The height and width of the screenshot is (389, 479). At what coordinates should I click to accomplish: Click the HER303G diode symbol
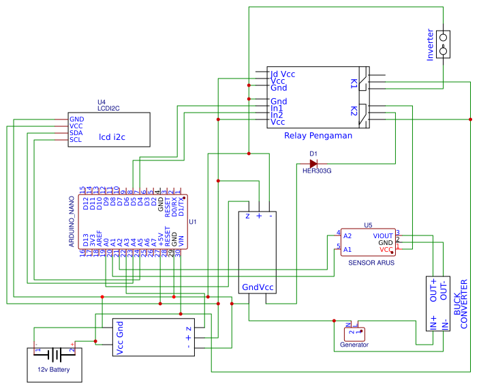[x=313, y=164]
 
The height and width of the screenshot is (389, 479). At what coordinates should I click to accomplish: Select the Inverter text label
[x=430, y=44]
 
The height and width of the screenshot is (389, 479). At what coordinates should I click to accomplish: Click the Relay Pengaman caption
[x=318, y=136]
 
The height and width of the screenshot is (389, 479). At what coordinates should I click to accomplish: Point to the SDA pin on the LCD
[x=76, y=132]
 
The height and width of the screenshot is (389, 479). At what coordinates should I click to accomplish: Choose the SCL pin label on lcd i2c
[x=76, y=140]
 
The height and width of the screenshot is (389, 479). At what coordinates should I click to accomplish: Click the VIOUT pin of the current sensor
[x=382, y=235]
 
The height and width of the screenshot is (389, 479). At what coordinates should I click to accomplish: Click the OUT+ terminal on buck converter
[x=433, y=290]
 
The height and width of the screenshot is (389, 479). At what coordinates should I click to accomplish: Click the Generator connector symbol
[x=354, y=332]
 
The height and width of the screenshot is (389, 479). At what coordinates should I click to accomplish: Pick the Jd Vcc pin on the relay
[x=283, y=74]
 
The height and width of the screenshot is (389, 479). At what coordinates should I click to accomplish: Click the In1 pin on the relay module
[x=277, y=109]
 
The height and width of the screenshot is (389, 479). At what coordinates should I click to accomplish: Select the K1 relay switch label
[x=354, y=83]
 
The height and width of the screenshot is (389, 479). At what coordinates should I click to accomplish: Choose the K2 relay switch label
[x=354, y=111]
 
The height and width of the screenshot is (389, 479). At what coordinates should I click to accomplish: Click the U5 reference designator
[x=369, y=225]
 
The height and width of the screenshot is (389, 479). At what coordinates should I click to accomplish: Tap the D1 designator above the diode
[x=313, y=154]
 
